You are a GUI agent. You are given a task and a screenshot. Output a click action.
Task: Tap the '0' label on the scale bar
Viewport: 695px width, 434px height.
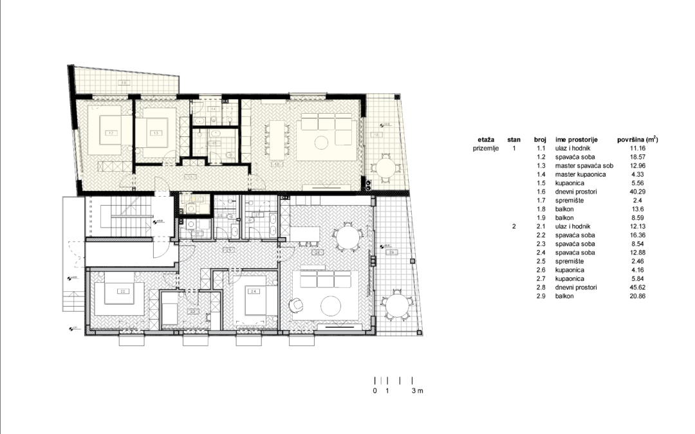tap(375, 391)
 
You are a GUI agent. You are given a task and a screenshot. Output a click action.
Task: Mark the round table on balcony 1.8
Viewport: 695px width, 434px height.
tap(387, 169)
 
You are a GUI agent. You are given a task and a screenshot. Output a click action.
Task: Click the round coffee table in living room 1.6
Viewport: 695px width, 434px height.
tap(326, 143)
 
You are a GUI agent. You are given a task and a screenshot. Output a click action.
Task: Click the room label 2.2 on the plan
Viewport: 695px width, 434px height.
tap(122, 291)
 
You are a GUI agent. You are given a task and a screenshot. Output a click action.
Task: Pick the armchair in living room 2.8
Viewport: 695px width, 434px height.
tap(297, 306)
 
